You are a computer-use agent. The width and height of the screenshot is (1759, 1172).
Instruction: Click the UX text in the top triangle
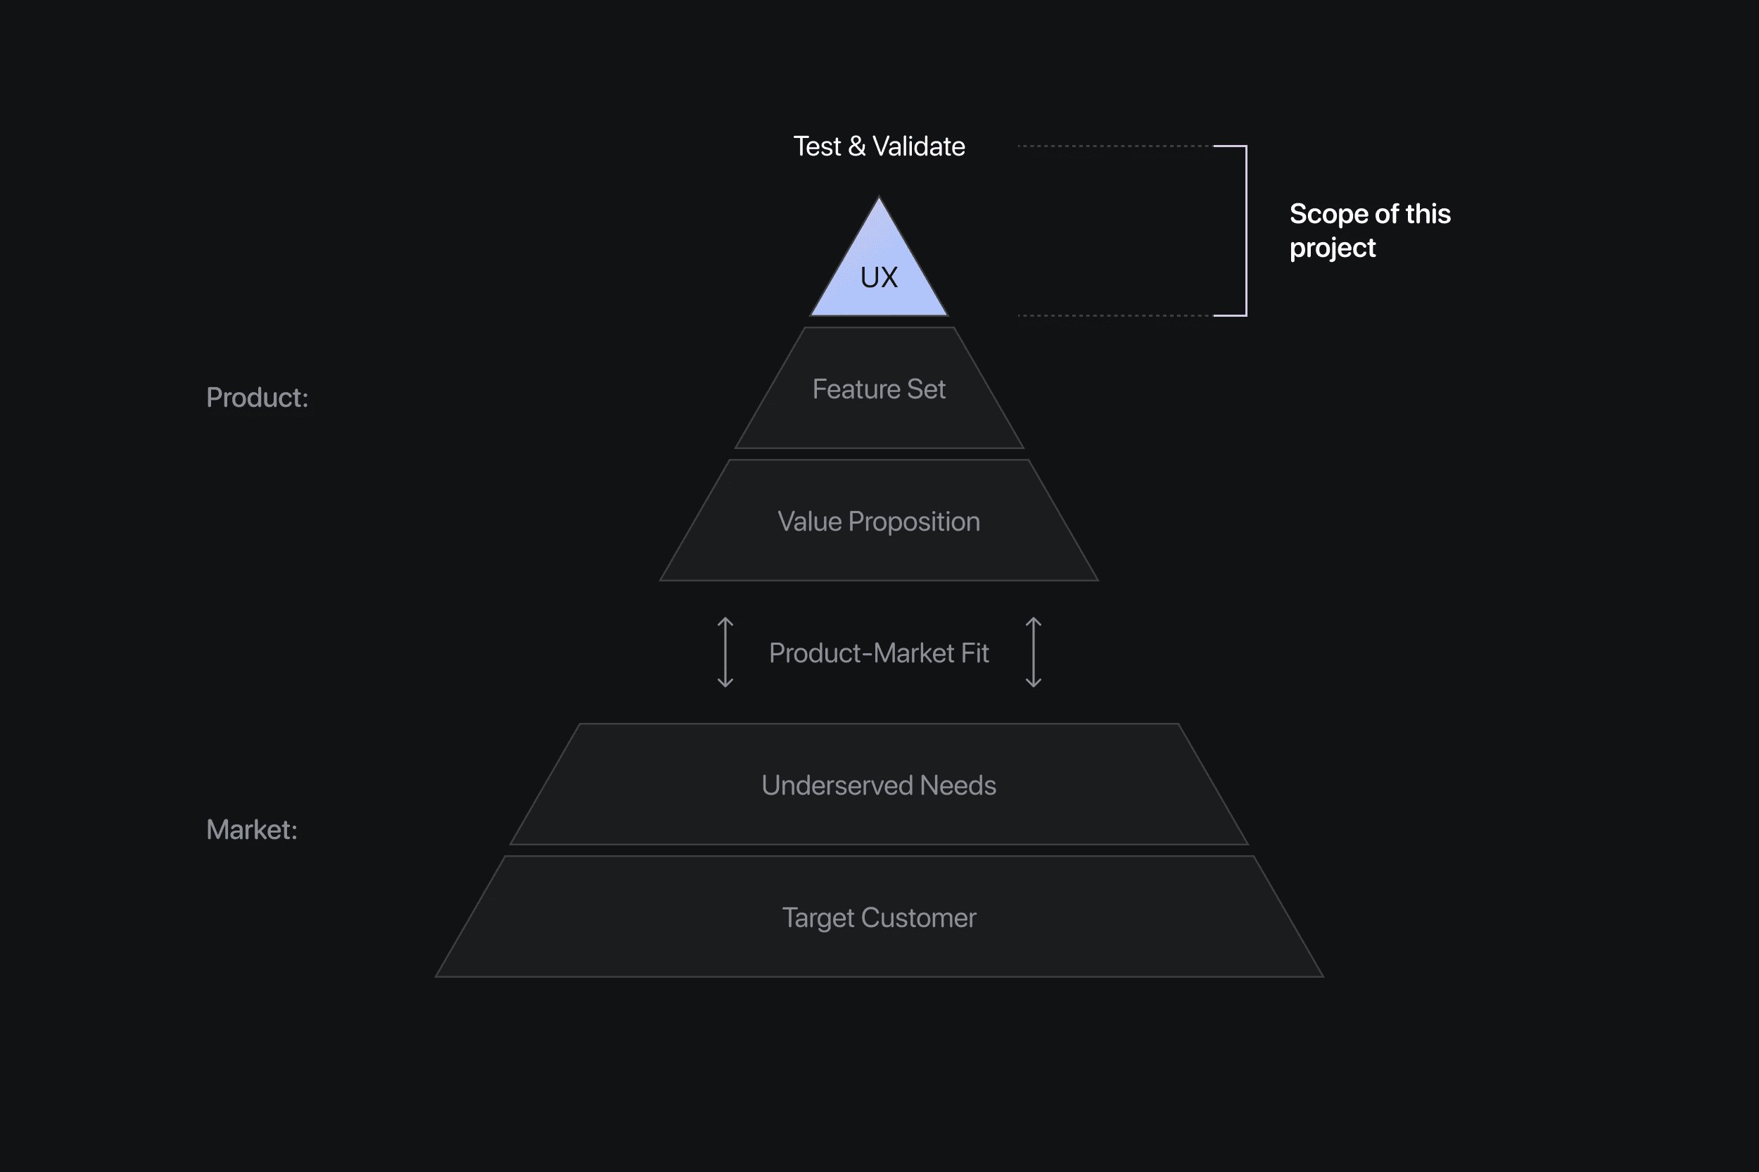tap(878, 277)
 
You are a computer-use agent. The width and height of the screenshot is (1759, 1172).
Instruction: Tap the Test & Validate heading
tap(878, 146)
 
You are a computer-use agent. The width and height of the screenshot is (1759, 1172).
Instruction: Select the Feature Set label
tap(878, 389)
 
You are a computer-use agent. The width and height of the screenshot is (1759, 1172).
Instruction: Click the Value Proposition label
tap(878, 522)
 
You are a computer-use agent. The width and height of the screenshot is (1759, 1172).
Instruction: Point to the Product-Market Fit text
tap(878, 653)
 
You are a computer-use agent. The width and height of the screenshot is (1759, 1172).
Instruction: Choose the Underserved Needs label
tap(878, 786)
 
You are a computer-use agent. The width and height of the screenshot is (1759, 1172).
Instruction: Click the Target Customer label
tap(878, 918)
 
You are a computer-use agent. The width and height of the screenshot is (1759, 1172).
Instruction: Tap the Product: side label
tap(257, 398)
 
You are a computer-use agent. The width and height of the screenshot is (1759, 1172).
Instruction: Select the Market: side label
tap(252, 830)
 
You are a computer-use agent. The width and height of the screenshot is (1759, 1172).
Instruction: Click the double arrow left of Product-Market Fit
tap(725, 652)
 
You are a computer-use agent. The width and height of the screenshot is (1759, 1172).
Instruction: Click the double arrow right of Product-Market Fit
tap(1033, 652)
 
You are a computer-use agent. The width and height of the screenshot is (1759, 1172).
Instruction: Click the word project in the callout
tap(1332, 248)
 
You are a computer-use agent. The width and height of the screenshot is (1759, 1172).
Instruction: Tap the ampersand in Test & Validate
tap(856, 146)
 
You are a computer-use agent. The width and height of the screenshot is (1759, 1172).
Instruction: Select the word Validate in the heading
tap(919, 146)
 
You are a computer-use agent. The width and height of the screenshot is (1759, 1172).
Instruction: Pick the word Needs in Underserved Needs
tap(958, 786)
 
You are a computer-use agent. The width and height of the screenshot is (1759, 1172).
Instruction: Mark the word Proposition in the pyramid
tap(913, 522)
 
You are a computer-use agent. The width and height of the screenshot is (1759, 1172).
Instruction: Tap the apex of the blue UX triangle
tap(878, 201)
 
